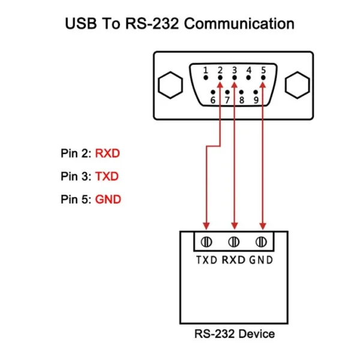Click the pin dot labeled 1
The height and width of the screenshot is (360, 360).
(x=206, y=78)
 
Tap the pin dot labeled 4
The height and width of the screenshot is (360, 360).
(x=248, y=78)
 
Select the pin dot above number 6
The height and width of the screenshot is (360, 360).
(x=213, y=92)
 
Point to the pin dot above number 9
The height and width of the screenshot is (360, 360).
(x=256, y=92)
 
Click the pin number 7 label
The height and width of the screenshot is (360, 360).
(x=227, y=100)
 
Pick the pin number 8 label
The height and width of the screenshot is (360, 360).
(x=242, y=100)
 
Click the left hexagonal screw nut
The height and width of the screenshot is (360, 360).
(x=170, y=85)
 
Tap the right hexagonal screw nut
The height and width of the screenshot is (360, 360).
(x=298, y=85)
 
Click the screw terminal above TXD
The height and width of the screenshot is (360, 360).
(x=206, y=242)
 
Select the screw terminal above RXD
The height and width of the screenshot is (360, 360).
(x=234, y=242)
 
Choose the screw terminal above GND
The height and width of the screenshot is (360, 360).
(x=261, y=242)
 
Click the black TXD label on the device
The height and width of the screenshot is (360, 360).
(x=206, y=260)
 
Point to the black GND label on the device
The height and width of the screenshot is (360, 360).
(x=261, y=260)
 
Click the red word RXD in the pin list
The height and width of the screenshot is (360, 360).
(x=107, y=154)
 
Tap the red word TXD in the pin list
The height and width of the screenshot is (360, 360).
(x=107, y=176)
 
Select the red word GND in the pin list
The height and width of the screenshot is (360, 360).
(x=108, y=199)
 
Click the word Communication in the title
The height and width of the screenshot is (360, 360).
(x=239, y=23)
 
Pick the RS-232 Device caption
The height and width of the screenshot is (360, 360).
(x=235, y=334)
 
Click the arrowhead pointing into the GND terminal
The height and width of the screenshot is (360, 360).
(x=263, y=226)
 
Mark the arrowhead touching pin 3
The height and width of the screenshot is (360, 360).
(x=235, y=85)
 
